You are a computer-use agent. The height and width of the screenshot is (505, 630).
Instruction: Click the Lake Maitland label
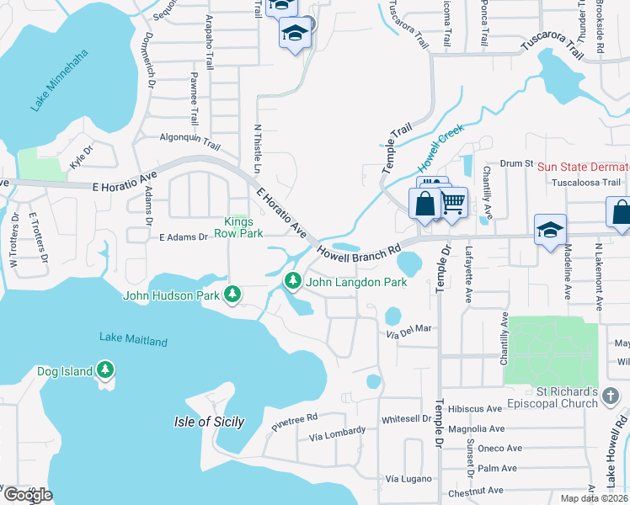click(x=133, y=340)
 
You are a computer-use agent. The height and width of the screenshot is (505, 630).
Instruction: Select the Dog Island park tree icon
click(x=104, y=369)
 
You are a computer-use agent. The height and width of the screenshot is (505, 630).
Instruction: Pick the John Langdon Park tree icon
click(x=293, y=281)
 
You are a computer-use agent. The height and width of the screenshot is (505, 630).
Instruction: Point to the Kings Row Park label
click(x=243, y=227)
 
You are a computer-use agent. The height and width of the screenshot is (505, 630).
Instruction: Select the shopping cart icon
click(x=453, y=202)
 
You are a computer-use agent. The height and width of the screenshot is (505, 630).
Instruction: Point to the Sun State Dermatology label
click(x=583, y=167)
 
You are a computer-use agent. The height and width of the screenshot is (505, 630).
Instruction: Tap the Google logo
click(x=27, y=495)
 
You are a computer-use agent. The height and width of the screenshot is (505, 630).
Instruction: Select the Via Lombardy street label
click(x=337, y=434)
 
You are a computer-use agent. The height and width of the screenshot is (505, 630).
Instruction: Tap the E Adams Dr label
click(x=184, y=237)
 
